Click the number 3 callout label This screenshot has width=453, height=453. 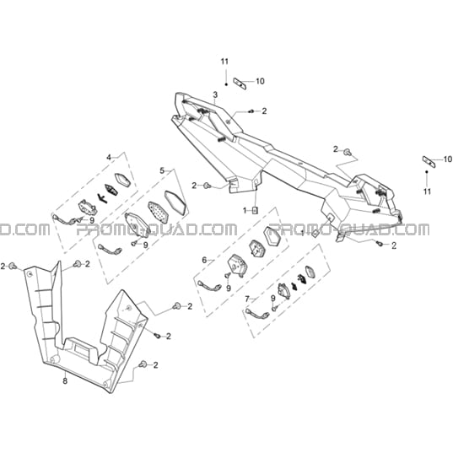pos(215,94)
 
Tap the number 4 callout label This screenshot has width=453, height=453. pos(109,158)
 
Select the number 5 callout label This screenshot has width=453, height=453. pos(162,170)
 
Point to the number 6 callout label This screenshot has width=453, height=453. pos(204,261)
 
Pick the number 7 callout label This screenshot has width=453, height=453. pos(247,299)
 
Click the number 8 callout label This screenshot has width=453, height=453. pos(65,380)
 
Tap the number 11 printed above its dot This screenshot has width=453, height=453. pos(224,62)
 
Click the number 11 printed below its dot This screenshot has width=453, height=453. pos(427,191)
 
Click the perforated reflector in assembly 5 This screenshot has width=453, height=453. pos(158,212)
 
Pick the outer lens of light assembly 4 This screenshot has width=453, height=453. pos(123,181)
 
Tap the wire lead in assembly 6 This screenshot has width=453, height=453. pos(209,286)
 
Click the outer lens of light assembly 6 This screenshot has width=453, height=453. pos(272,235)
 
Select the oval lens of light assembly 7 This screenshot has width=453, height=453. pos(310,272)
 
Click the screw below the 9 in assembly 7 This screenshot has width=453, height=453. pos(274,309)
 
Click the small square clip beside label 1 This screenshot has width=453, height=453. pos(255,211)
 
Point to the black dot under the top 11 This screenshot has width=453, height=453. pos(226,84)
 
